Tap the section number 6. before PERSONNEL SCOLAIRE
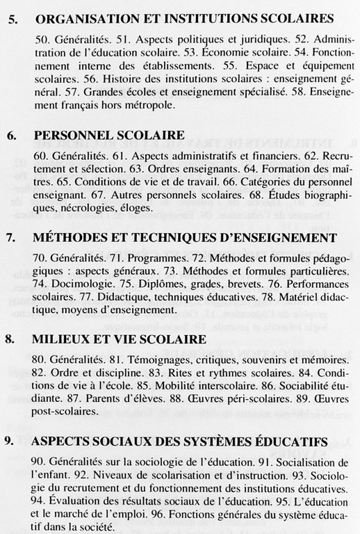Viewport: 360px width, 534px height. pos(11,134)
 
